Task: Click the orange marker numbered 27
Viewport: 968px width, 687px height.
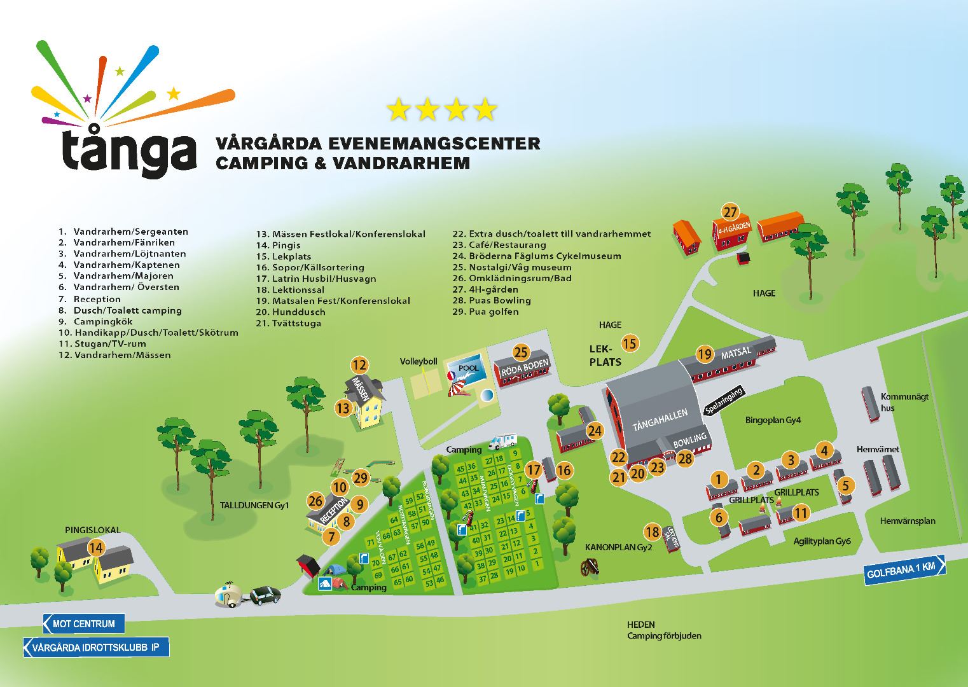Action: coord(729,212)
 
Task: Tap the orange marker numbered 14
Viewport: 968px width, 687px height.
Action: coord(96,548)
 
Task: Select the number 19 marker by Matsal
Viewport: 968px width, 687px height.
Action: coord(704,354)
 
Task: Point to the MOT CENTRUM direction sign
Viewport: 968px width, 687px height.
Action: coord(83,623)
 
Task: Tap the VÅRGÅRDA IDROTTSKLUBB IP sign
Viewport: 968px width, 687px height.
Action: coord(96,648)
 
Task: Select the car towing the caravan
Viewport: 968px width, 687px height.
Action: coord(264,595)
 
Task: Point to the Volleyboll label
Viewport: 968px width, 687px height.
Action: coord(418,361)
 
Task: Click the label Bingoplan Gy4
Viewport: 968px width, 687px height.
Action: coord(773,420)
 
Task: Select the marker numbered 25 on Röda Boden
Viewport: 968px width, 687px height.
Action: coord(521,352)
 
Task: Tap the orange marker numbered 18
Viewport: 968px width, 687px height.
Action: coord(652,532)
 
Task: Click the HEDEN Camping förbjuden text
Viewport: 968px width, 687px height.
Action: coord(664,630)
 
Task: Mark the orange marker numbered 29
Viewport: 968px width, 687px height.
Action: coord(361,478)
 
